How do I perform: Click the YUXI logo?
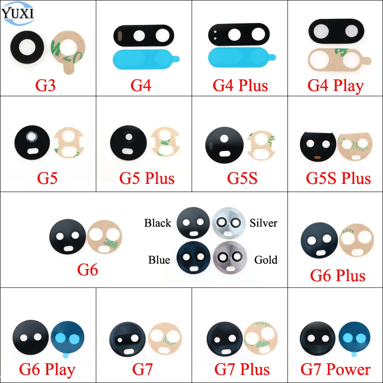(18, 13)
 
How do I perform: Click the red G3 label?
(46, 85)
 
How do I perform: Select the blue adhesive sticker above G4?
(146, 59)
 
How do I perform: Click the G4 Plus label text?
(240, 86)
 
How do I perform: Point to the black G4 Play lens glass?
(336, 31)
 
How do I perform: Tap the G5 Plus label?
(147, 178)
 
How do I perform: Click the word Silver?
(263, 223)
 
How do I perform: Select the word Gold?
(266, 260)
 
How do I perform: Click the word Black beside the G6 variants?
(158, 223)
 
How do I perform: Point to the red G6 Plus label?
(337, 275)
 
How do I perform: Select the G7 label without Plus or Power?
(142, 369)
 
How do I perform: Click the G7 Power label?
(335, 369)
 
